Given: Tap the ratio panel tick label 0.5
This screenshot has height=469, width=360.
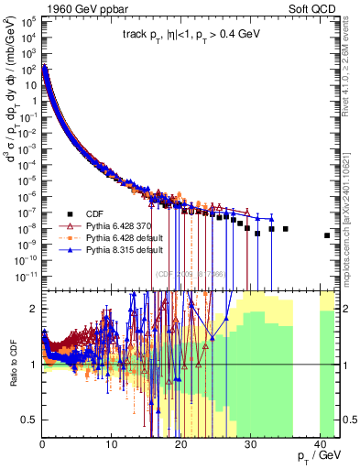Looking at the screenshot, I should (x=28, y=420).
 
